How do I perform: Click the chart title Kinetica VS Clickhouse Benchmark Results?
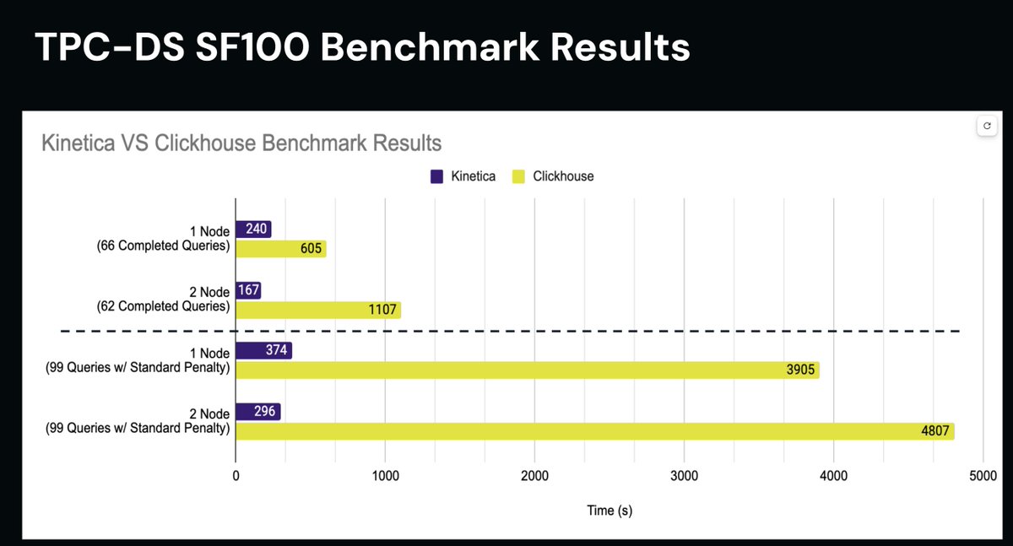point(241,142)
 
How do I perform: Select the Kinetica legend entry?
point(463,176)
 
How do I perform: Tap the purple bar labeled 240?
point(253,230)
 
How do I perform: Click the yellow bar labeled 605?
point(280,249)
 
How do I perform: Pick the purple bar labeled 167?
point(247,290)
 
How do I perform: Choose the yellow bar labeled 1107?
point(317,310)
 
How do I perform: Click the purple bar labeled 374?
point(263,350)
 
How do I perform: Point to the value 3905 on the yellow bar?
point(799,370)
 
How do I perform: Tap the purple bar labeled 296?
point(257,412)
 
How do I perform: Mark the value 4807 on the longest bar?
point(935,432)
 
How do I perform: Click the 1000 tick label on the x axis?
point(385,476)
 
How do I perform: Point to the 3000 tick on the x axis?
point(684,476)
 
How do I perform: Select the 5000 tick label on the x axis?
point(983,476)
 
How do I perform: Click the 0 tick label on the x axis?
point(236,476)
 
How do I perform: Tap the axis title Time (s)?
point(609,511)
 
